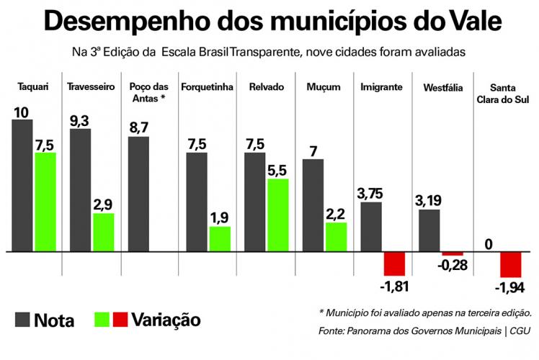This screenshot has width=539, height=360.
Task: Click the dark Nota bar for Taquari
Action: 22,186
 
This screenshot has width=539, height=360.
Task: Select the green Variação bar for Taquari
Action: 45,202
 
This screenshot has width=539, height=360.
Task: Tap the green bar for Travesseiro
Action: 103,233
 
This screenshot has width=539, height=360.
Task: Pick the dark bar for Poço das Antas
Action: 138,194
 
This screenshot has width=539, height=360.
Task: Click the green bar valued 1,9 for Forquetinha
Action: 220,239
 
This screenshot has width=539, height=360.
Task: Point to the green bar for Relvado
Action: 277,215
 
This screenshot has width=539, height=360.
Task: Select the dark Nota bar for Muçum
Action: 313,205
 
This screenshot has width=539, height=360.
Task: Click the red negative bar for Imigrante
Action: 394,264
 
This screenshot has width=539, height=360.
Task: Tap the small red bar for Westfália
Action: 453,254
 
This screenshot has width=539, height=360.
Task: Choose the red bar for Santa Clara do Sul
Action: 511,265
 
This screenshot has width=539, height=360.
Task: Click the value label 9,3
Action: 80,120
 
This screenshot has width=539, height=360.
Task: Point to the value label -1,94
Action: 511,288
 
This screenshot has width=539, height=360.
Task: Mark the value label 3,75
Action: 371,193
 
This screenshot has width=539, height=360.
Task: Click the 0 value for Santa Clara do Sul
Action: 489,244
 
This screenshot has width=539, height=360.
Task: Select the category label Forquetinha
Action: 207,87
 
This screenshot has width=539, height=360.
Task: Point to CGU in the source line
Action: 520,331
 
